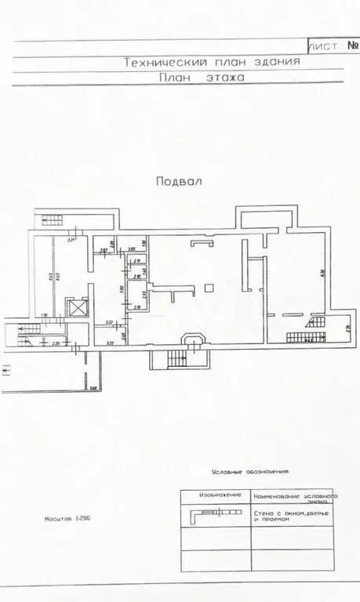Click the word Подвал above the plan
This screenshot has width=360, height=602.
pos(180,180)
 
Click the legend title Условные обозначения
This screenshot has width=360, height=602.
pos(250,473)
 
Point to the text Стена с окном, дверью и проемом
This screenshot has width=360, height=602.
pos(294,517)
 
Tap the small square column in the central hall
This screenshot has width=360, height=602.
pos(208,288)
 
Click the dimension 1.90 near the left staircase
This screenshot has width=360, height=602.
pos(45,315)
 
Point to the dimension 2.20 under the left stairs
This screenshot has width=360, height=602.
pos(56,343)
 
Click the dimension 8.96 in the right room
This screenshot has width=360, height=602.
pos(323,274)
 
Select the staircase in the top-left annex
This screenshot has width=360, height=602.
pos(55,219)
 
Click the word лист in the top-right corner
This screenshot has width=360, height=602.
pos(322,46)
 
